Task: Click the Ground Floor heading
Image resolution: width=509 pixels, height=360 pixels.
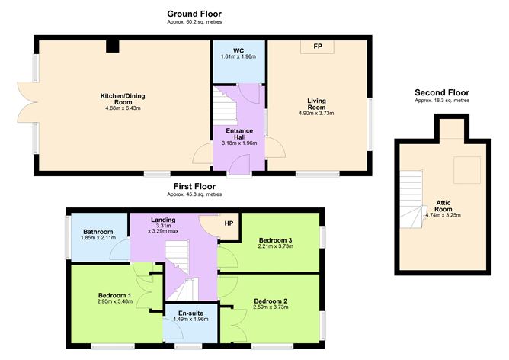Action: click(x=194, y=14)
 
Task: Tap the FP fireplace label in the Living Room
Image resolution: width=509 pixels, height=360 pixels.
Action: click(x=316, y=47)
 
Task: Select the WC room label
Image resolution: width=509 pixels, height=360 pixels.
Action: click(x=238, y=51)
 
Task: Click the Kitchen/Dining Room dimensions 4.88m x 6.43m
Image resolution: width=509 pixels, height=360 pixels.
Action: click(x=123, y=108)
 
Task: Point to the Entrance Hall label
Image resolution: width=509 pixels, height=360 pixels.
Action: click(x=238, y=134)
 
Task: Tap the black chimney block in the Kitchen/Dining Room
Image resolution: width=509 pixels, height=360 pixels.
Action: click(x=113, y=47)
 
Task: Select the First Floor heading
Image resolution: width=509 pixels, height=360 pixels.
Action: click(x=194, y=186)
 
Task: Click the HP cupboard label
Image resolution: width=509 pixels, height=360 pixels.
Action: click(x=228, y=223)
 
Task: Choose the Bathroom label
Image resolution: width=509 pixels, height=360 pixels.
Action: click(x=98, y=232)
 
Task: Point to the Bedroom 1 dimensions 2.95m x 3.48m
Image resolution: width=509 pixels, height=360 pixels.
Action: click(x=114, y=302)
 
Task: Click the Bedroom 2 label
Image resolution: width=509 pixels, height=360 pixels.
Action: click(x=271, y=301)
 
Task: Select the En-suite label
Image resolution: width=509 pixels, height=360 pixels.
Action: click(x=190, y=313)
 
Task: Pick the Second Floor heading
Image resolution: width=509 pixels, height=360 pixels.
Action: click(x=442, y=92)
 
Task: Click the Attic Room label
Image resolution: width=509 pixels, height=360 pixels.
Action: click(x=443, y=205)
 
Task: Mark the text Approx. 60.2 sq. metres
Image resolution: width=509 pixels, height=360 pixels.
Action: click(x=194, y=22)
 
